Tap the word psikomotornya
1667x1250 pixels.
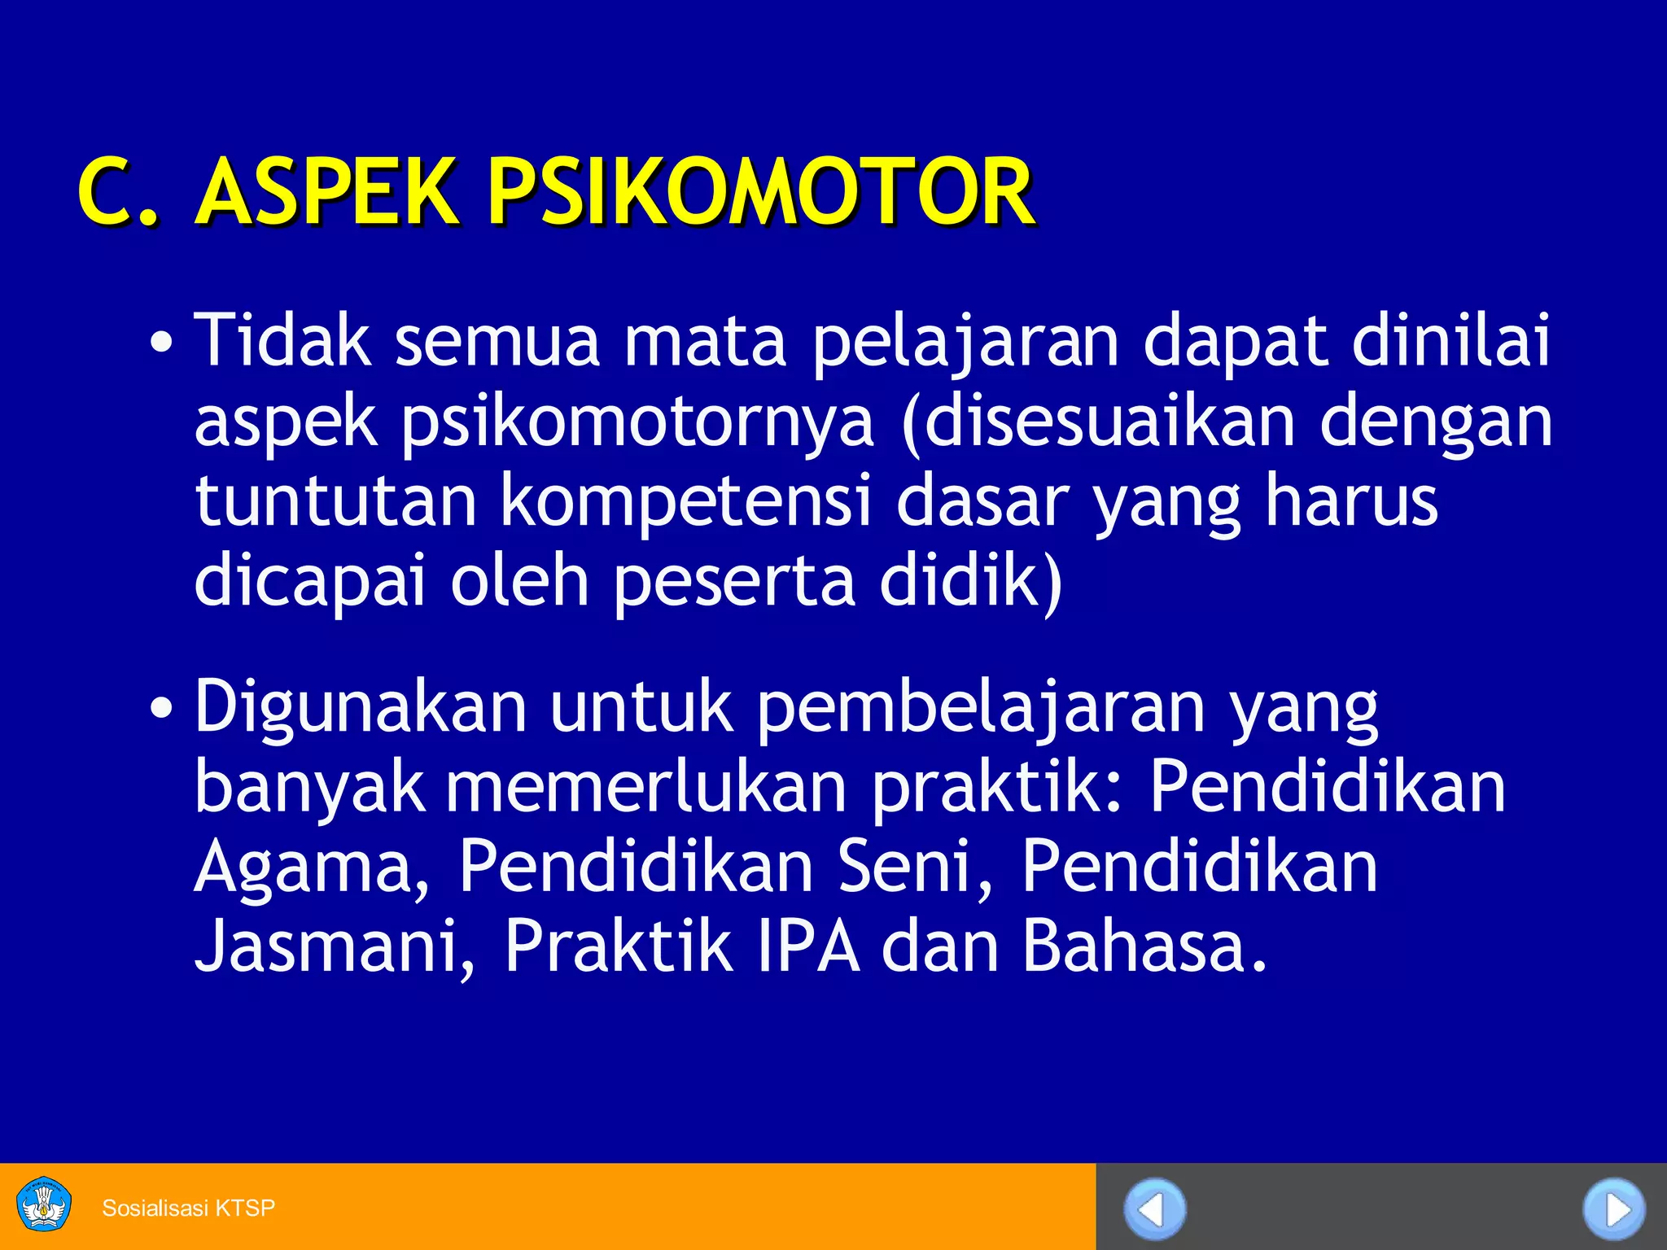[637, 422]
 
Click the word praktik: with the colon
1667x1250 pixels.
[998, 786]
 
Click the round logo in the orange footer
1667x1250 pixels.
[44, 1204]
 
